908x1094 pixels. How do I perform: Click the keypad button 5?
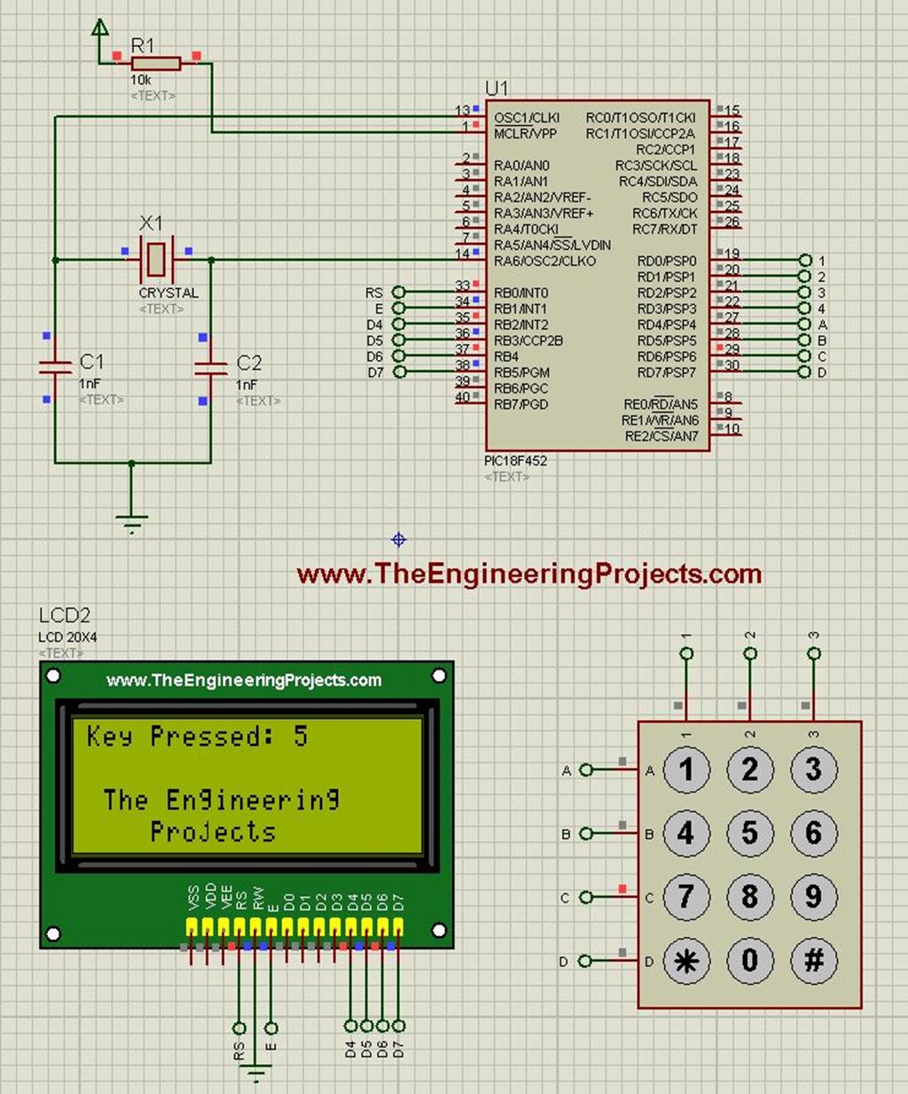(750, 833)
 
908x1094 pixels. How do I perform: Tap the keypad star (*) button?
(686, 961)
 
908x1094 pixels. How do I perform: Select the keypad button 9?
(814, 897)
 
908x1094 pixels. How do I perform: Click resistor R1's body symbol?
(156, 64)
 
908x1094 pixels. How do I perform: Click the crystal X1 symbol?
(156, 259)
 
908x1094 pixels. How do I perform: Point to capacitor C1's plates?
(55, 366)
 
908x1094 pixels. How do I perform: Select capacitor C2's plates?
(211, 366)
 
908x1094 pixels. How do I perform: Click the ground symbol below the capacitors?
(132, 523)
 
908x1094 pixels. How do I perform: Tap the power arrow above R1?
(100, 28)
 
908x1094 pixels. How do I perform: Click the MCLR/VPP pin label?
(525, 134)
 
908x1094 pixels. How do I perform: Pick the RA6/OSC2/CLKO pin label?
(544, 262)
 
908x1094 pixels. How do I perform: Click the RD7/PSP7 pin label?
(667, 372)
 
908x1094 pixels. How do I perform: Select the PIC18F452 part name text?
(515, 461)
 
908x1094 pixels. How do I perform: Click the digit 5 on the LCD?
(301, 736)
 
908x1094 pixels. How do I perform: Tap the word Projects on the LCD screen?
(213, 832)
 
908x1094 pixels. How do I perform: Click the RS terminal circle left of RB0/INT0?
(399, 293)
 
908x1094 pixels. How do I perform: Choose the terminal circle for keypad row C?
(585, 897)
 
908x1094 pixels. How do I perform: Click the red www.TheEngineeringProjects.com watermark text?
(529, 574)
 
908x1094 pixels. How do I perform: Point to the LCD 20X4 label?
(67, 637)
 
